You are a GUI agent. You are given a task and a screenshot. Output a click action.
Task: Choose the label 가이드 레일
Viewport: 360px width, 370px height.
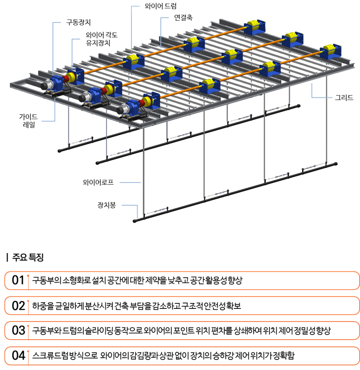click(x=29, y=120)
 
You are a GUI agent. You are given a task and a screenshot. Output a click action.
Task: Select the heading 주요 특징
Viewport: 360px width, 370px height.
click(x=28, y=258)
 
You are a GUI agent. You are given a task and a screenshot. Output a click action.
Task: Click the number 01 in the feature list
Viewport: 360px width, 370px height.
click(x=18, y=280)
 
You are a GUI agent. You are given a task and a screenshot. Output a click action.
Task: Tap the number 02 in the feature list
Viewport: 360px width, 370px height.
click(x=19, y=305)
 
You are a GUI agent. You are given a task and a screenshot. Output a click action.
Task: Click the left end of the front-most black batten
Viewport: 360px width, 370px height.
click(x=135, y=221)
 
